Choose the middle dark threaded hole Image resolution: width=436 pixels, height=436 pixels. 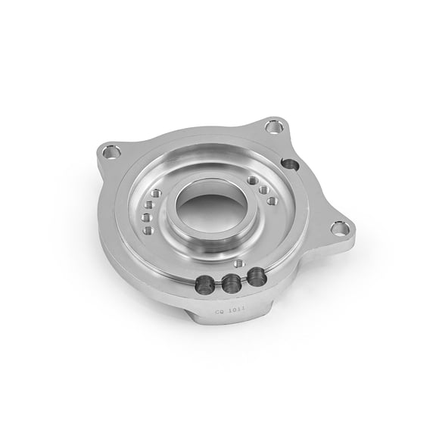coord(230,283)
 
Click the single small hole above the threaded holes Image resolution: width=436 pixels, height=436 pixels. coord(239,263)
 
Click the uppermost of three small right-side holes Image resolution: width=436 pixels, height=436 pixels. coord(251,180)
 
